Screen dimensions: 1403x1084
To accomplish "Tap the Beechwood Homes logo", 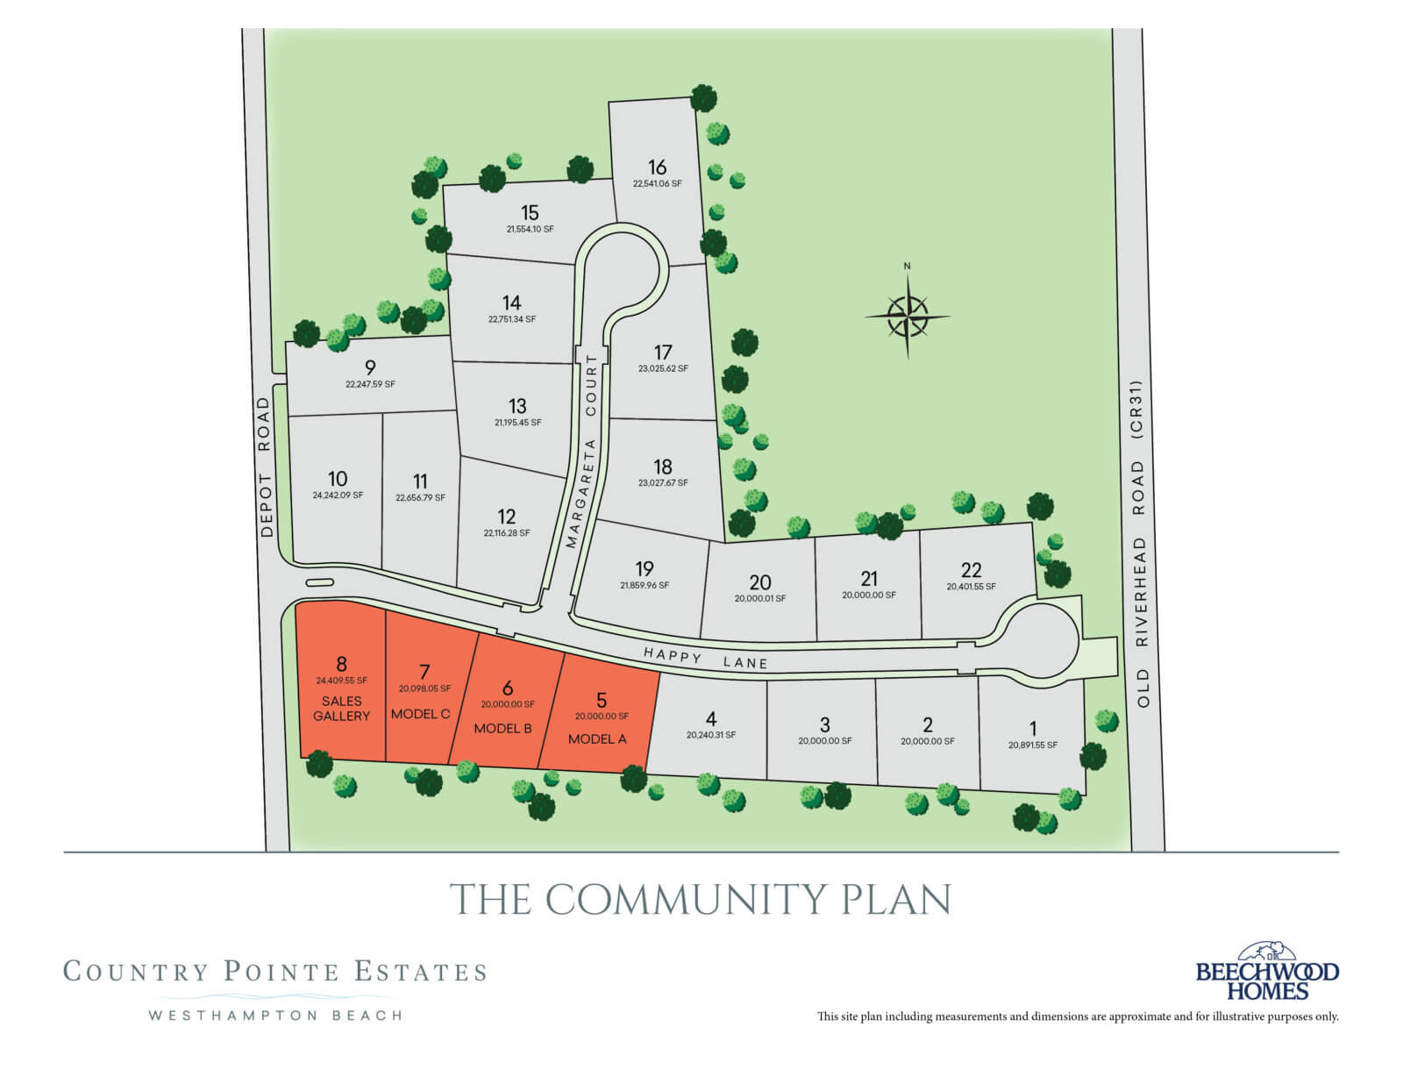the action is click(x=1267, y=973).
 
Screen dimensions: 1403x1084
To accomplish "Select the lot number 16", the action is click(x=657, y=167).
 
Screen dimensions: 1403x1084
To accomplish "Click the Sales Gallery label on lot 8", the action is click(x=341, y=709).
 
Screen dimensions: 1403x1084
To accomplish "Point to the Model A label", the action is click(x=597, y=739).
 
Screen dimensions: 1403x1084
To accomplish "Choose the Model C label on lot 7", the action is click(x=420, y=714).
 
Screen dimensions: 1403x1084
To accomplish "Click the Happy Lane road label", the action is click(x=705, y=659).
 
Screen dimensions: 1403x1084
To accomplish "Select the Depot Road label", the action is click(x=267, y=467).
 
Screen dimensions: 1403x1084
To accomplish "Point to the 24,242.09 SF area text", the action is click(x=338, y=496).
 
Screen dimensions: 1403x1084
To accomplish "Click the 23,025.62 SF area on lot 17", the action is click(x=663, y=369).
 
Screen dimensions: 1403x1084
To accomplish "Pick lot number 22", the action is click(x=971, y=569).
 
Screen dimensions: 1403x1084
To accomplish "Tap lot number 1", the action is click(x=1033, y=728).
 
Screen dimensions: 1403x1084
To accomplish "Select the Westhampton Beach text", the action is click(x=275, y=1016).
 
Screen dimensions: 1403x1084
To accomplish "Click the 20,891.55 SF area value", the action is click(x=1033, y=745).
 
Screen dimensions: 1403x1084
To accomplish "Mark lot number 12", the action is click(x=506, y=517).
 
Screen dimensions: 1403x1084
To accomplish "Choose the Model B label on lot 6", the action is click(x=502, y=729).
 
